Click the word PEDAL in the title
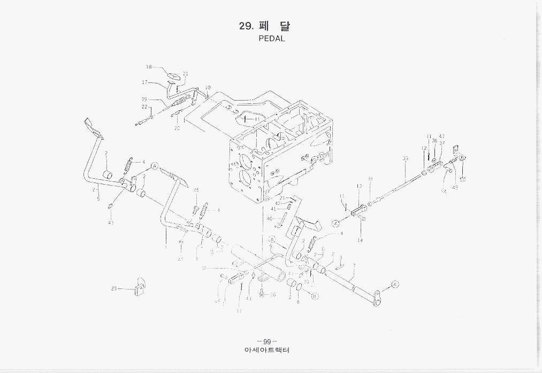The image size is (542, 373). (272, 39)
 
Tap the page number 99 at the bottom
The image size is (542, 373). (266, 341)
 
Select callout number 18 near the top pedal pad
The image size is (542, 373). (149, 67)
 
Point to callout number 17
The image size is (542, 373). (144, 82)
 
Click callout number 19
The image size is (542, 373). (144, 99)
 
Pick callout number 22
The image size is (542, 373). (144, 107)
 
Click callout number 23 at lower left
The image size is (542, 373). (114, 288)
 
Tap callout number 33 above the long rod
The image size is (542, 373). (406, 158)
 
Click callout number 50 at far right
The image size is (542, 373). (462, 180)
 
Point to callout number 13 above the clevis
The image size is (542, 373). (359, 186)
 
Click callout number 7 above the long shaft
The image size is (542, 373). (354, 265)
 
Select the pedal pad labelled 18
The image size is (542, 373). (173, 75)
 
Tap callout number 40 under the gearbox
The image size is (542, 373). (270, 218)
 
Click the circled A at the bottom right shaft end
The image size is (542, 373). (395, 284)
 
